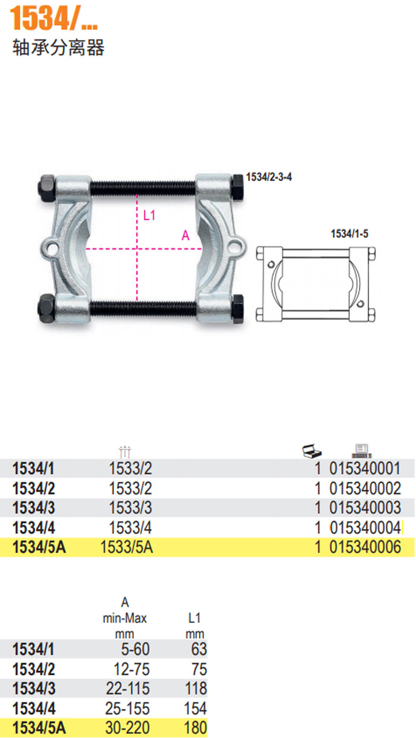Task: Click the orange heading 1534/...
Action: (x=54, y=18)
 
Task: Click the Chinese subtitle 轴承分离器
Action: (x=58, y=48)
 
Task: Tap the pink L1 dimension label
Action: (x=149, y=215)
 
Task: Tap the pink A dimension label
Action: (x=185, y=236)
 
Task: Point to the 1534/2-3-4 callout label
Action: (x=269, y=177)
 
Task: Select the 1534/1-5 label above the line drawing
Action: (x=350, y=234)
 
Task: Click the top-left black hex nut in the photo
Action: (x=47, y=187)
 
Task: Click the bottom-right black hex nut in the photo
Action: (x=237, y=309)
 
